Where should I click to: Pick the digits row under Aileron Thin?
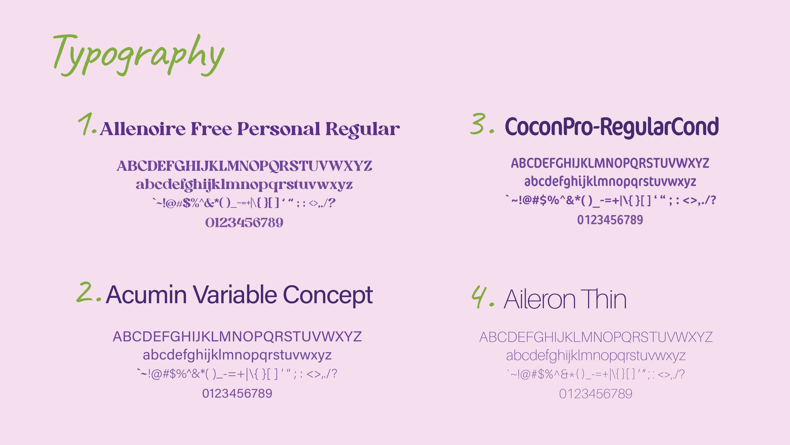click(596, 394)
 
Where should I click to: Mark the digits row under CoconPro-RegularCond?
click(610, 220)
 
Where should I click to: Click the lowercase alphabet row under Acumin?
click(237, 355)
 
